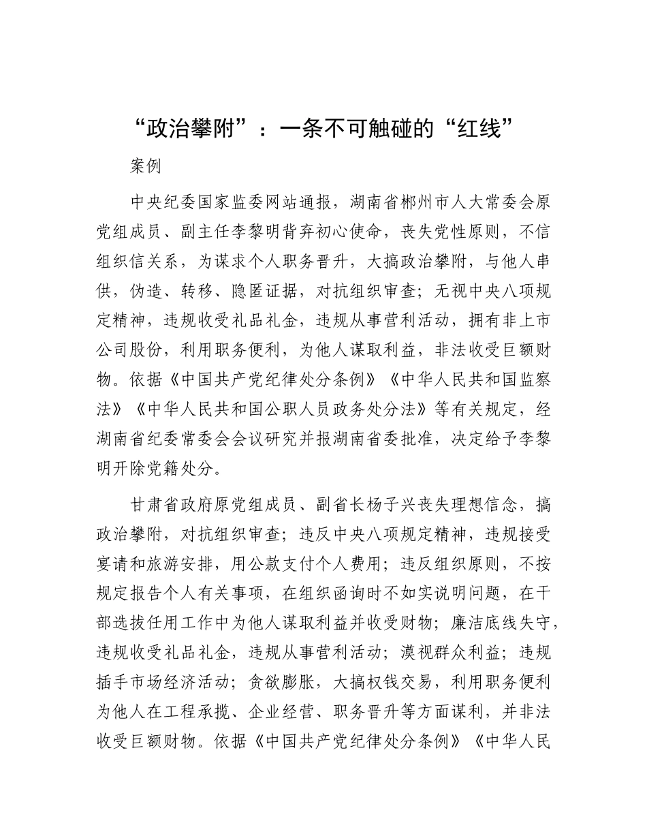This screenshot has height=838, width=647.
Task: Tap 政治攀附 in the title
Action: point(191,128)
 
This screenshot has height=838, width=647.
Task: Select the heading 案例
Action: point(146,167)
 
